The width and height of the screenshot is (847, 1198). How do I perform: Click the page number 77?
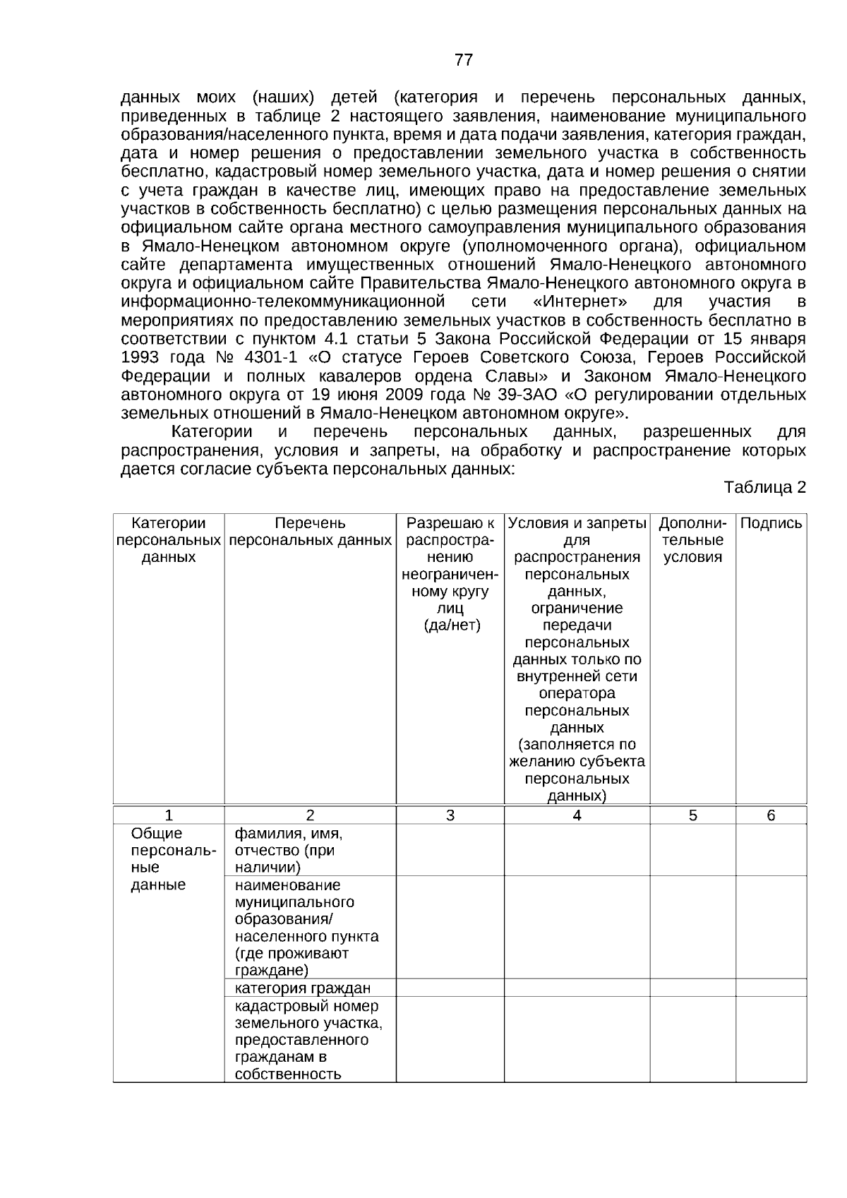(464, 60)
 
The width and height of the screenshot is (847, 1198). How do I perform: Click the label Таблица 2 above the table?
(764, 488)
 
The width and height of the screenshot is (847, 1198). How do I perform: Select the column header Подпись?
(771, 524)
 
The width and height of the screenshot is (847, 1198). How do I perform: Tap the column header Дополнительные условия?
(692, 541)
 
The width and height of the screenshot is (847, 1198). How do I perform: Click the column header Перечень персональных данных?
(310, 532)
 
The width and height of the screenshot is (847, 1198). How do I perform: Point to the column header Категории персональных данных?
(169, 541)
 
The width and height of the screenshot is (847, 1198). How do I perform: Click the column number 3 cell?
(450, 816)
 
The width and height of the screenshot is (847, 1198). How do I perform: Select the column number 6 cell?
(771, 816)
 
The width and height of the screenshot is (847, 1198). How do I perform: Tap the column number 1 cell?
(169, 816)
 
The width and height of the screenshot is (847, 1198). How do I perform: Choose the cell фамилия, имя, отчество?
(289, 851)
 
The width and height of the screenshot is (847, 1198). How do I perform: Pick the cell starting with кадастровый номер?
(308, 1040)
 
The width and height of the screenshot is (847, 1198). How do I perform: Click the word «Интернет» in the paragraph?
(582, 302)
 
